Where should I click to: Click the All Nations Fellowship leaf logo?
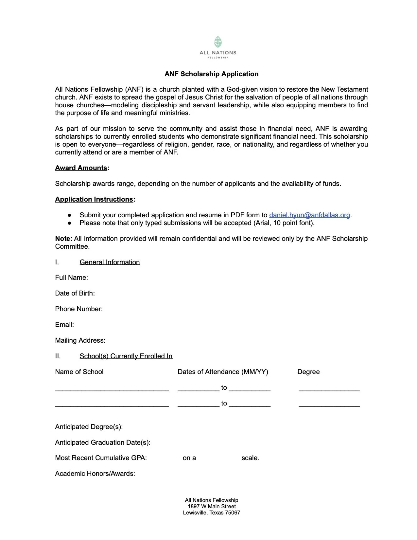click(x=218, y=42)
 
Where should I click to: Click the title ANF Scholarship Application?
click(x=211, y=74)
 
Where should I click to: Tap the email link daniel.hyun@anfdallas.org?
click(x=309, y=215)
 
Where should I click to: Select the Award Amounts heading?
click(x=81, y=168)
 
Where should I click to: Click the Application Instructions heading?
click(x=94, y=199)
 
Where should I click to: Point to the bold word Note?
click(x=64, y=239)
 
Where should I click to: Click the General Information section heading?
click(x=110, y=262)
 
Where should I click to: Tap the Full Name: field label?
click(x=71, y=278)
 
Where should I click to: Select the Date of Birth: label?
click(x=75, y=293)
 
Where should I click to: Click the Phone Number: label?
click(x=79, y=309)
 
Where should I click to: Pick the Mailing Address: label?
click(x=80, y=340)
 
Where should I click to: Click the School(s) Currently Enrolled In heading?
click(x=126, y=356)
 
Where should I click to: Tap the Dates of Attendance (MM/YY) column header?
click(x=223, y=372)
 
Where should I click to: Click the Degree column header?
click(x=308, y=372)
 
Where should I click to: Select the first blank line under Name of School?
click(x=112, y=389)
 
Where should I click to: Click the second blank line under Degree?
click(x=329, y=405)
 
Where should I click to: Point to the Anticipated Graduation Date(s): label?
click(x=103, y=442)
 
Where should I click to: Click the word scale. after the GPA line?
click(x=250, y=458)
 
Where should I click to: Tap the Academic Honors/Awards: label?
click(x=95, y=474)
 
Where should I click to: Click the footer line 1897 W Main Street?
click(x=211, y=506)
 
